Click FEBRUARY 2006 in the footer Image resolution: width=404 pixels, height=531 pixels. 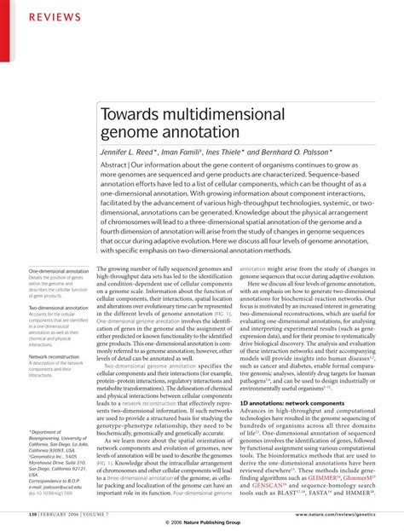point(65,515)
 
